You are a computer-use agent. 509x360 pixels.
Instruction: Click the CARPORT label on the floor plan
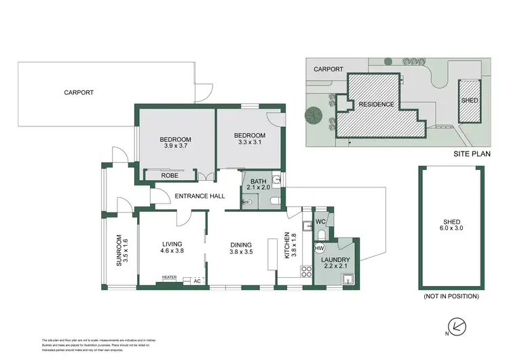[79, 92]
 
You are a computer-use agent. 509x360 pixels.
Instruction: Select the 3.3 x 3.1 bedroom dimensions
[249, 143]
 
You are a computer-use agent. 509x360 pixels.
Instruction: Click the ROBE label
[170, 175]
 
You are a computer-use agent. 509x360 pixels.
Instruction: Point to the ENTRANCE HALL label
[200, 196]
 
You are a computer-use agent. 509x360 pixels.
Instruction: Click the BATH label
[259, 181]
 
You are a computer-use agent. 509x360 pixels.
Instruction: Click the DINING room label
[241, 245]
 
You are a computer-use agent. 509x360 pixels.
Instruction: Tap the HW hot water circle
[319, 249]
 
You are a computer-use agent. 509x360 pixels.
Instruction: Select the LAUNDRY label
[336, 259]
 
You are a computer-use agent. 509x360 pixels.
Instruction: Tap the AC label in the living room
[197, 280]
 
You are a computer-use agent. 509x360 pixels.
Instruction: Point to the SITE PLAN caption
[472, 154]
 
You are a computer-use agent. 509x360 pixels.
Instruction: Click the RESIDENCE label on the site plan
[376, 105]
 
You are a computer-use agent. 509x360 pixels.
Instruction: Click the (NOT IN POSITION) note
[452, 297]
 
